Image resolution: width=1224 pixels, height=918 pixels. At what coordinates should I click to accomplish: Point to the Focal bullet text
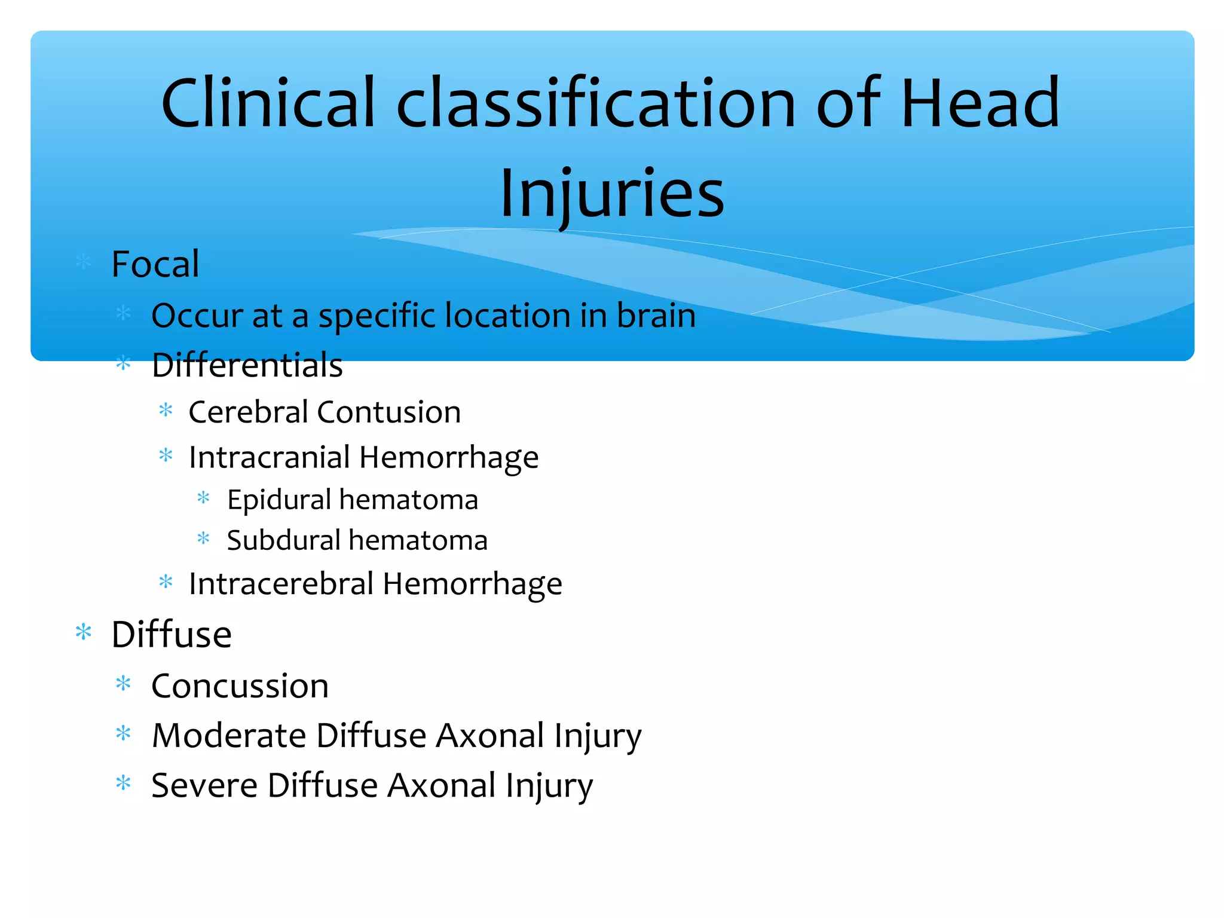point(155,264)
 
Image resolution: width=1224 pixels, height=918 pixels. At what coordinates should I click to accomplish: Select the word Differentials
point(247,365)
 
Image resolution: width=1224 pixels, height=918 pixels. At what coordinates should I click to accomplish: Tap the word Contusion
point(388,412)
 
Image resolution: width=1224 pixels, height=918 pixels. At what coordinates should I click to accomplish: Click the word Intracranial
point(269,457)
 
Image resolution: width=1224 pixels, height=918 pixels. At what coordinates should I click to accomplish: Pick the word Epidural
point(279,500)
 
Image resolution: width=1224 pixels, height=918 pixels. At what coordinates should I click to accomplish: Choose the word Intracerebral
point(281,584)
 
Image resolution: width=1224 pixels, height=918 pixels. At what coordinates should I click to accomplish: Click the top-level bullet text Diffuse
point(172,634)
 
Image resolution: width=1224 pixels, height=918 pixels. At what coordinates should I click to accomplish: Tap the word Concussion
point(240,686)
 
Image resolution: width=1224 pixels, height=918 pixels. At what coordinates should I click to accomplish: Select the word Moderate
point(229,736)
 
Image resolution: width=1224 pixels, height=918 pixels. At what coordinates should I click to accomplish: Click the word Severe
point(205,785)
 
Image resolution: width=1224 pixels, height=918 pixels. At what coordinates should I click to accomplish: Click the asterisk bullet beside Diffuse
point(84,632)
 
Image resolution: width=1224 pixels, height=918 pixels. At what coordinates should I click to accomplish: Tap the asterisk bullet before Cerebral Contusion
point(166,411)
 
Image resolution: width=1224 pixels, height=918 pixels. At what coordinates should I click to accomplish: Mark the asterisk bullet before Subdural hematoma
point(203,538)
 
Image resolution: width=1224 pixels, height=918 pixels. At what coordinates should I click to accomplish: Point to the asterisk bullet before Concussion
point(123,684)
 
